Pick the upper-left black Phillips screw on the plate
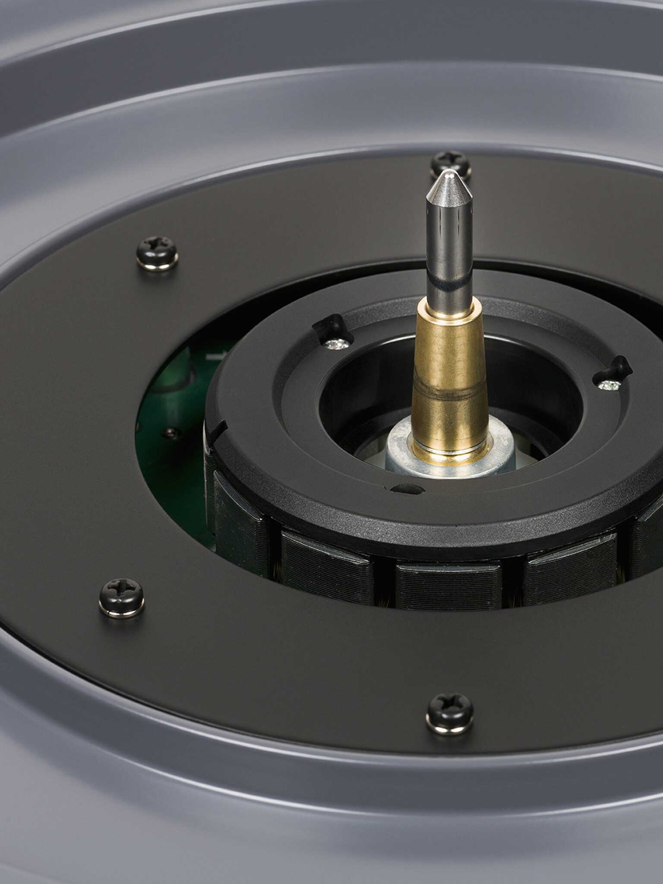pyautogui.click(x=157, y=252)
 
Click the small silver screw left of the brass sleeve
pyautogui.click(x=338, y=344)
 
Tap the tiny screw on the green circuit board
pyautogui.click(x=171, y=432)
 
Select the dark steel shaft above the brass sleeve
pyautogui.click(x=449, y=259)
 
